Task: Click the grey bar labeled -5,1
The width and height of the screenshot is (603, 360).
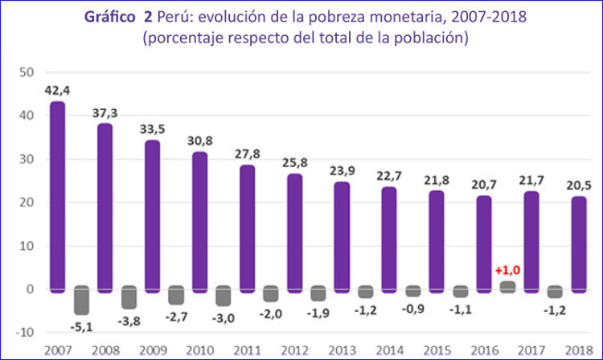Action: (81, 300)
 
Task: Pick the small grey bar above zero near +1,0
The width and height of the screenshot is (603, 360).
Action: (507, 286)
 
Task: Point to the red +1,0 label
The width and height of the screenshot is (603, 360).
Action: (507, 271)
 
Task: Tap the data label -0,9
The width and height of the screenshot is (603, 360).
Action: (412, 306)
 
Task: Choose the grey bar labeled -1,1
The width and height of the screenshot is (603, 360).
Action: (459, 292)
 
